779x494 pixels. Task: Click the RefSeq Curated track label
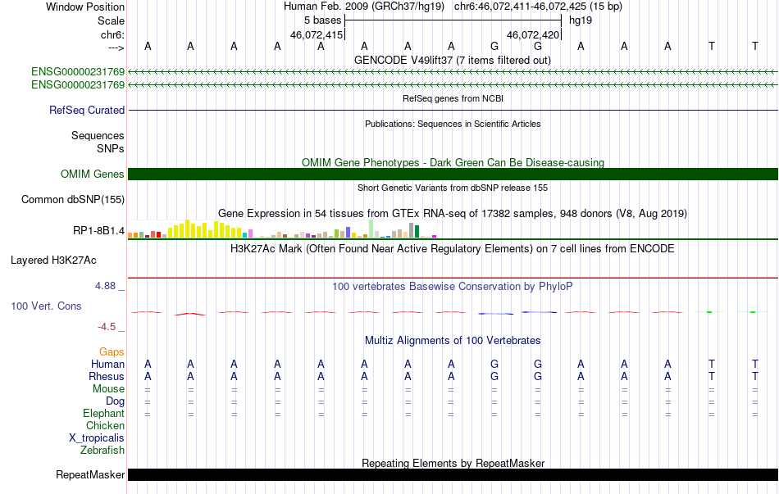click(87, 110)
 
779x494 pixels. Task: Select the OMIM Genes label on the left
click(93, 174)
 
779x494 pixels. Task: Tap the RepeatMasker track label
click(90, 474)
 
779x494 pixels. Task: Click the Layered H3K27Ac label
click(53, 261)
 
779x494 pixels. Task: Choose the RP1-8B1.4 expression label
click(98, 231)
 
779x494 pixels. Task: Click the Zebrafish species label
click(102, 450)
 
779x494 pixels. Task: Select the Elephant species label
click(103, 413)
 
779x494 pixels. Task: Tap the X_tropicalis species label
click(97, 437)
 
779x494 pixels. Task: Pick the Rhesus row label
click(106, 376)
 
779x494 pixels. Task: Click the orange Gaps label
click(112, 351)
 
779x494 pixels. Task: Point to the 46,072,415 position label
click(317, 35)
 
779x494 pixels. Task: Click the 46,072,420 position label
click(533, 35)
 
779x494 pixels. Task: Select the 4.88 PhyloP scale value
click(107, 286)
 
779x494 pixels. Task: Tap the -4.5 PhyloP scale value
click(108, 326)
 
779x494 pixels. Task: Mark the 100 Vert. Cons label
click(46, 306)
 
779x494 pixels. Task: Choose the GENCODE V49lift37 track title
click(452, 60)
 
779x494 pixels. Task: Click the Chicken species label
click(105, 425)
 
